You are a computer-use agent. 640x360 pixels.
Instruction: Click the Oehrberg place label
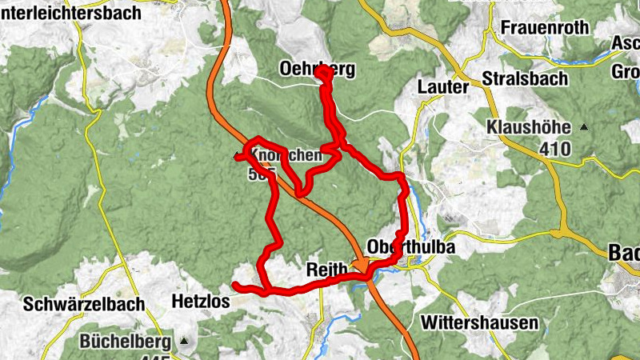coord(317,70)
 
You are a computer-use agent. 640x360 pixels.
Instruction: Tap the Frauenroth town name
coord(545,27)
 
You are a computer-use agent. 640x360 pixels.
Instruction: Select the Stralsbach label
coord(525,79)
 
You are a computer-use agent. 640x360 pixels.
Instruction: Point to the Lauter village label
coord(442,86)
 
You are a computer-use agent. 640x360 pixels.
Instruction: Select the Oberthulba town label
coord(411,247)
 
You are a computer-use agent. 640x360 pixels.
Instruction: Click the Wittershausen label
coord(478,323)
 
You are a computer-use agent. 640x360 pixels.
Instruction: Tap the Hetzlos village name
coord(201,302)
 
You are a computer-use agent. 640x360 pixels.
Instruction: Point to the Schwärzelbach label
coord(84,304)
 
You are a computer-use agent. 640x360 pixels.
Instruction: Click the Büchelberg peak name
coord(125,342)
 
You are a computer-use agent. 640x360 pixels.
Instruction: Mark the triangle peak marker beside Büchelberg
coord(186,342)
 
